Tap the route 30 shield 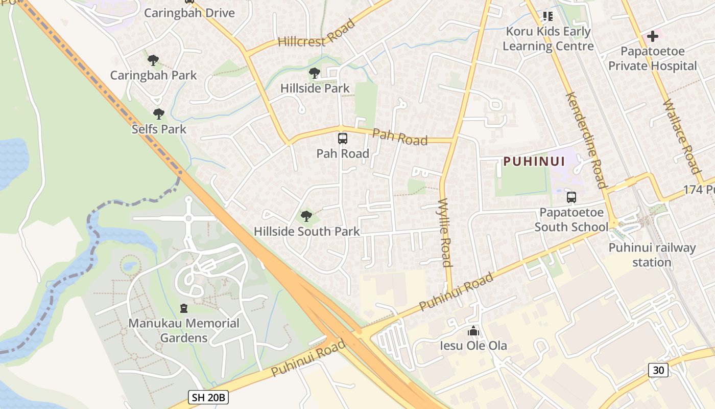click(658, 370)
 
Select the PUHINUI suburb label click(534, 162)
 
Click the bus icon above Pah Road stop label click(342, 139)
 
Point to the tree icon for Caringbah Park click(153, 60)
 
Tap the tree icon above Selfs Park click(159, 114)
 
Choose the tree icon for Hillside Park click(315, 73)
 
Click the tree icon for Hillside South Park click(306, 216)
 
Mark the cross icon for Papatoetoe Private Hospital click(652, 37)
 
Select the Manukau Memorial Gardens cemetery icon click(184, 308)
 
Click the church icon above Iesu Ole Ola click(473, 331)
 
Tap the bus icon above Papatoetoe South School click(571, 197)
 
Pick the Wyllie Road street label click(445, 233)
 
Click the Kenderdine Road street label click(586, 141)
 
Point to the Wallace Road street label click(681, 137)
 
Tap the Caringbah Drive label click(189, 13)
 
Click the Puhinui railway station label click(652, 255)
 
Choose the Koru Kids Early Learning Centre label click(548, 39)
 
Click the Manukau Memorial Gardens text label click(184, 330)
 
